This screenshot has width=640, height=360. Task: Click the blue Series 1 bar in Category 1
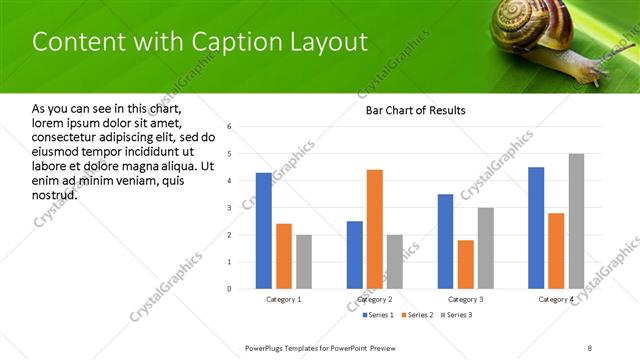(x=264, y=231)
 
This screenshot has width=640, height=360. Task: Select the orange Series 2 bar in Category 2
(x=375, y=229)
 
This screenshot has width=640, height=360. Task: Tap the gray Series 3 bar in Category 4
(x=576, y=221)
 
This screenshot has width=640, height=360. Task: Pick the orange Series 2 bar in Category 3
(x=466, y=264)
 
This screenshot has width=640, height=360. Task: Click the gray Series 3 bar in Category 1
(x=304, y=262)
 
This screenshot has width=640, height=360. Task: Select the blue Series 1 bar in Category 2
(x=355, y=255)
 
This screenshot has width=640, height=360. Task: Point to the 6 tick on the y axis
(x=229, y=127)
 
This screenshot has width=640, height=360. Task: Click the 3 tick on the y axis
(x=229, y=208)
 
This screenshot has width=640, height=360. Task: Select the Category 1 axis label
(x=284, y=299)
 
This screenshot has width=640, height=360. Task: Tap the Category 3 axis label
(x=465, y=299)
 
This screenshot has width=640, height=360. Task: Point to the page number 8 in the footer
(x=589, y=346)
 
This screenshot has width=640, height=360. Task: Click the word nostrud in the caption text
(x=55, y=193)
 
